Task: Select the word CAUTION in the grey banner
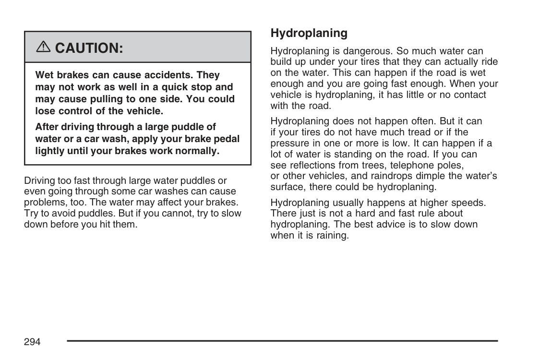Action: click(x=89, y=48)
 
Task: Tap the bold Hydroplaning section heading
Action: click(x=309, y=33)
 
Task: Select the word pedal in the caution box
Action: click(x=226, y=139)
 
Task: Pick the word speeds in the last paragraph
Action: click(x=469, y=203)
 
